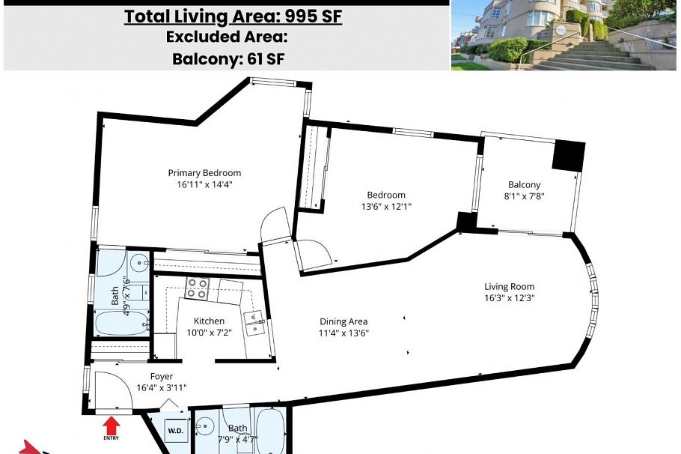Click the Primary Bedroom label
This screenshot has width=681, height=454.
[x=204, y=172]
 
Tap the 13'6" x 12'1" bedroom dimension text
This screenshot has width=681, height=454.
[x=386, y=206]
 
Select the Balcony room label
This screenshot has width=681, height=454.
[x=524, y=184]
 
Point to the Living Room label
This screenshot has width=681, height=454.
[x=510, y=287]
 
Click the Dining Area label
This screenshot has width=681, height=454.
[x=343, y=322]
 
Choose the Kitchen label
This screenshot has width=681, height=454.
[x=209, y=321]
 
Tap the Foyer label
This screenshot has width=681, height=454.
[x=162, y=377]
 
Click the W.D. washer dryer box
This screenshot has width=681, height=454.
[x=175, y=431]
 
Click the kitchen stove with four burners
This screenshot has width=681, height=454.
[x=197, y=288]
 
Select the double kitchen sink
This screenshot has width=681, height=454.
[x=254, y=324]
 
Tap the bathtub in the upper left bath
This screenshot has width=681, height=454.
[x=122, y=323]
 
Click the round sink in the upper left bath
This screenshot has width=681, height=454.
[x=140, y=262]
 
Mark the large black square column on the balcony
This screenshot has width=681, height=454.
[x=568, y=156]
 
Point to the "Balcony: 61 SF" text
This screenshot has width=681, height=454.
[x=228, y=58]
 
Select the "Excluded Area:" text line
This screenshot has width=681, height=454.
[x=227, y=37]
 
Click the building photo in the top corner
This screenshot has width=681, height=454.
[x=564, y=34]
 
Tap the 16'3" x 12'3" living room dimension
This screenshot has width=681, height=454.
[x=510, y=298]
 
